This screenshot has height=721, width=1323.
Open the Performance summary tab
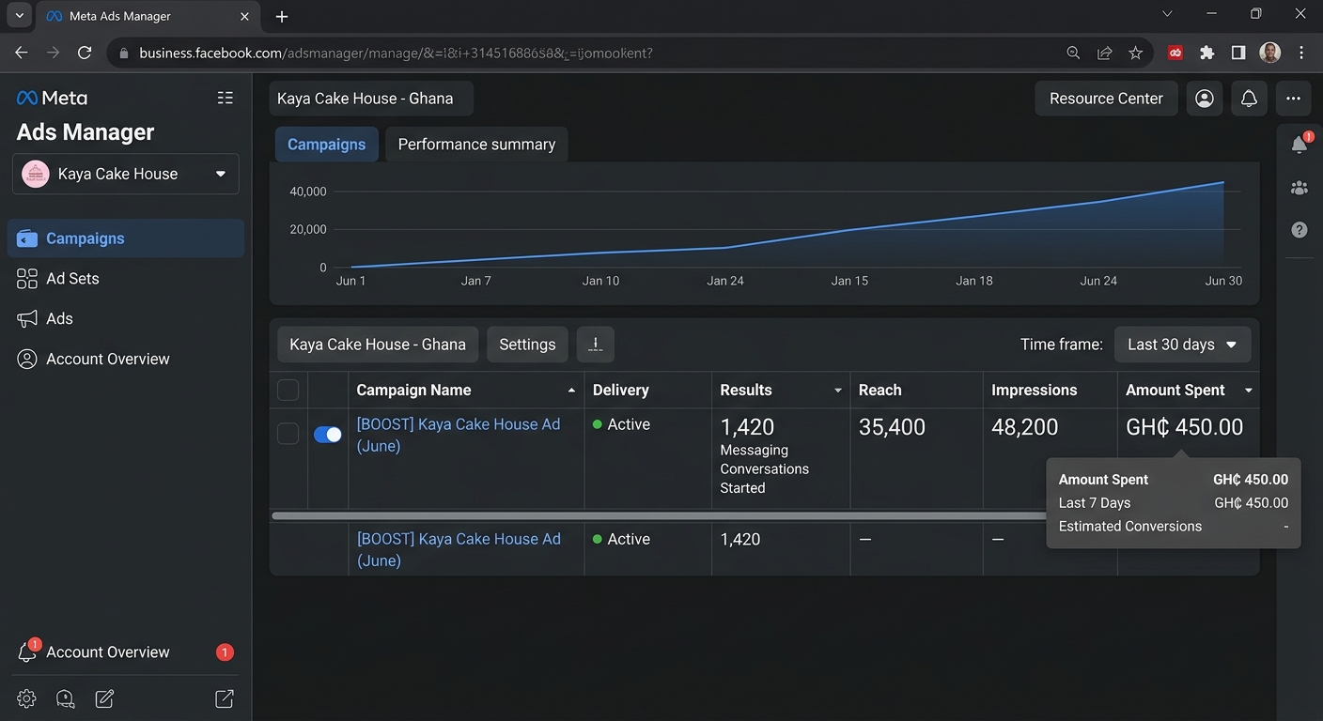click(476, 145)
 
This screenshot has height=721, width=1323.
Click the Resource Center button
click(1106, 99)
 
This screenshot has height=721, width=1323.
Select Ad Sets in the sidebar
click(72, 279)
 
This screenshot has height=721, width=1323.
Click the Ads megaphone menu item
click(59, 318)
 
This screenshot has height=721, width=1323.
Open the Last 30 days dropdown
click(1182, 345)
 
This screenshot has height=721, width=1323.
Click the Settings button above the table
click(527, 345)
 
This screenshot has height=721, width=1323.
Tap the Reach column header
click(879, 390)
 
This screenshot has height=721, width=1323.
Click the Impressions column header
click(1034, 390)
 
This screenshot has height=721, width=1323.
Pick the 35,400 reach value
click(892, 427)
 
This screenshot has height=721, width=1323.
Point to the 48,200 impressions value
click(1025, 427)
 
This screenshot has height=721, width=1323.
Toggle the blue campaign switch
click(328, 435)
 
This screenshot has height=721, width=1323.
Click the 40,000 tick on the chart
click(307, 192)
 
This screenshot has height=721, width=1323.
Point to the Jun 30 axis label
click(1223, 281)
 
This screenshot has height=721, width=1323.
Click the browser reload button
click(85, 54)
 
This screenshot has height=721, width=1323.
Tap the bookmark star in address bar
click(1135, 54)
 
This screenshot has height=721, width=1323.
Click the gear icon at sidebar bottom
click(26, 698)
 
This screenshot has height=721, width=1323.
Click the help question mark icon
click(1299, 229)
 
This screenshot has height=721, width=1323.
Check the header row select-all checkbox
click(288, 390)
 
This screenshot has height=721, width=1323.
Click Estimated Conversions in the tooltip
click(1129, 527)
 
